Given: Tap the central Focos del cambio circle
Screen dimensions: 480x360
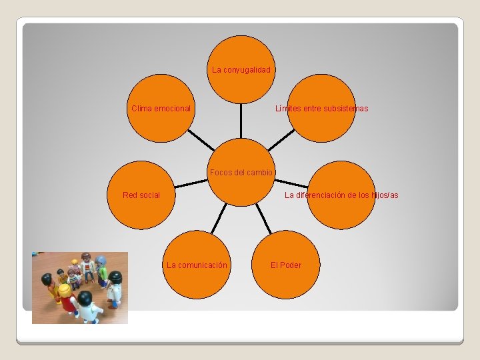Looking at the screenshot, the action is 241,171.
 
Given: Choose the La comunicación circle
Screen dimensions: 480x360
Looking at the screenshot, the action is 197,265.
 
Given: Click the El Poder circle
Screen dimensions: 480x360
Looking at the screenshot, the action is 286,265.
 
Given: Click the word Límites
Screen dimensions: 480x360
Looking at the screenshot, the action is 288,109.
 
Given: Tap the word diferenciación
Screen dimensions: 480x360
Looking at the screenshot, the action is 333,195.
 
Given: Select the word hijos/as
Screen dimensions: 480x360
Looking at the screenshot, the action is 383,195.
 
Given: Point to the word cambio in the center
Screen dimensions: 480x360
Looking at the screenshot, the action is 259,173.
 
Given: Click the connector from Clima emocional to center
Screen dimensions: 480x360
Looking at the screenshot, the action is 201,139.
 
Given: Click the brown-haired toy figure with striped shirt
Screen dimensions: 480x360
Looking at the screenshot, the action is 87,266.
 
